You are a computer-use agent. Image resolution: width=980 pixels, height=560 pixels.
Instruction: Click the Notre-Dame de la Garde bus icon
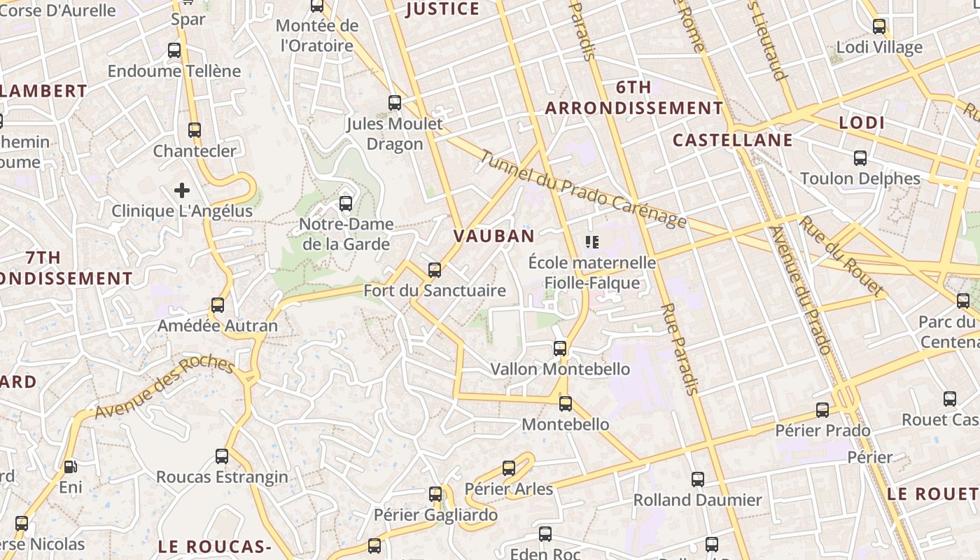(345, 204)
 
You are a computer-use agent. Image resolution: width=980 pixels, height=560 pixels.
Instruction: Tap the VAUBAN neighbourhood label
(494, 236)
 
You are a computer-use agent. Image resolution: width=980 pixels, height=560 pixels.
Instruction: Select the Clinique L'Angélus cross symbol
(182, 190)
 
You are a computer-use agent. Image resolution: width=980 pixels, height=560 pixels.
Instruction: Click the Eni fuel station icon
(70, 466)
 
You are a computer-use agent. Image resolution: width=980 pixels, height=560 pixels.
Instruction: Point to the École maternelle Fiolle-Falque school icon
(592, 242)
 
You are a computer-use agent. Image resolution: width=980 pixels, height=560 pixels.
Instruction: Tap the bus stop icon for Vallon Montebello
(560, 348)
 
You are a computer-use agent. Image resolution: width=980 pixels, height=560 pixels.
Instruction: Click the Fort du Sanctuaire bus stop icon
(435, 269)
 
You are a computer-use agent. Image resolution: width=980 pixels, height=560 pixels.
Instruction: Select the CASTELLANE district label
(733, 140)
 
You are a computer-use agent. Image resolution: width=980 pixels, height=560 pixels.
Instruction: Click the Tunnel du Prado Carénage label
(582, 190)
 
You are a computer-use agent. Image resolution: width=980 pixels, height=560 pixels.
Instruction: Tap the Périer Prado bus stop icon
(822, 409)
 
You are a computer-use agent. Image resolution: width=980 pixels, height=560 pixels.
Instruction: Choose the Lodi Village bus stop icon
(879, 27)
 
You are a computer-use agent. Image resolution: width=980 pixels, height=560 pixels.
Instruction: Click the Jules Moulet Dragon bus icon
(395, 103)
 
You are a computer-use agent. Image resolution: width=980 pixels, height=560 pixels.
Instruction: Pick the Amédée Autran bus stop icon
(218, 305)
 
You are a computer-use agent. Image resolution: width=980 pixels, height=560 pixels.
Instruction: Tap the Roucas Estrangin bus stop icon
(222, 456)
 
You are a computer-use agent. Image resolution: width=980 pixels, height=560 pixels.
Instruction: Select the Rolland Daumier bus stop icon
(698, 479)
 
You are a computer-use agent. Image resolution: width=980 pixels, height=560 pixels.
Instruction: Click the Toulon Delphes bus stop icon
(860, 157)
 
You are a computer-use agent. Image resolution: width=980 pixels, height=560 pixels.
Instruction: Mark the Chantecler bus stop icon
(195, 130)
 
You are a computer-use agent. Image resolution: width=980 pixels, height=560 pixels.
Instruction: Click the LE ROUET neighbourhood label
(932, 493)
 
